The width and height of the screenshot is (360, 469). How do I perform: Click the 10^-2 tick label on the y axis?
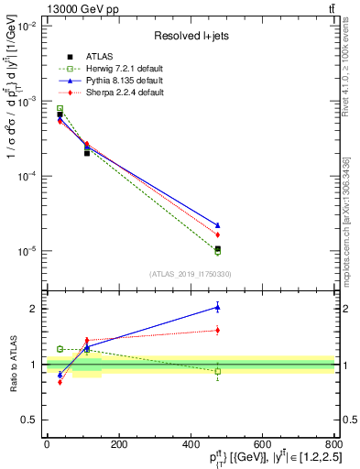[25, 26]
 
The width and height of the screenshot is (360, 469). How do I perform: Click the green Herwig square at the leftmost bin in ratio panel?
[60, 349]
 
